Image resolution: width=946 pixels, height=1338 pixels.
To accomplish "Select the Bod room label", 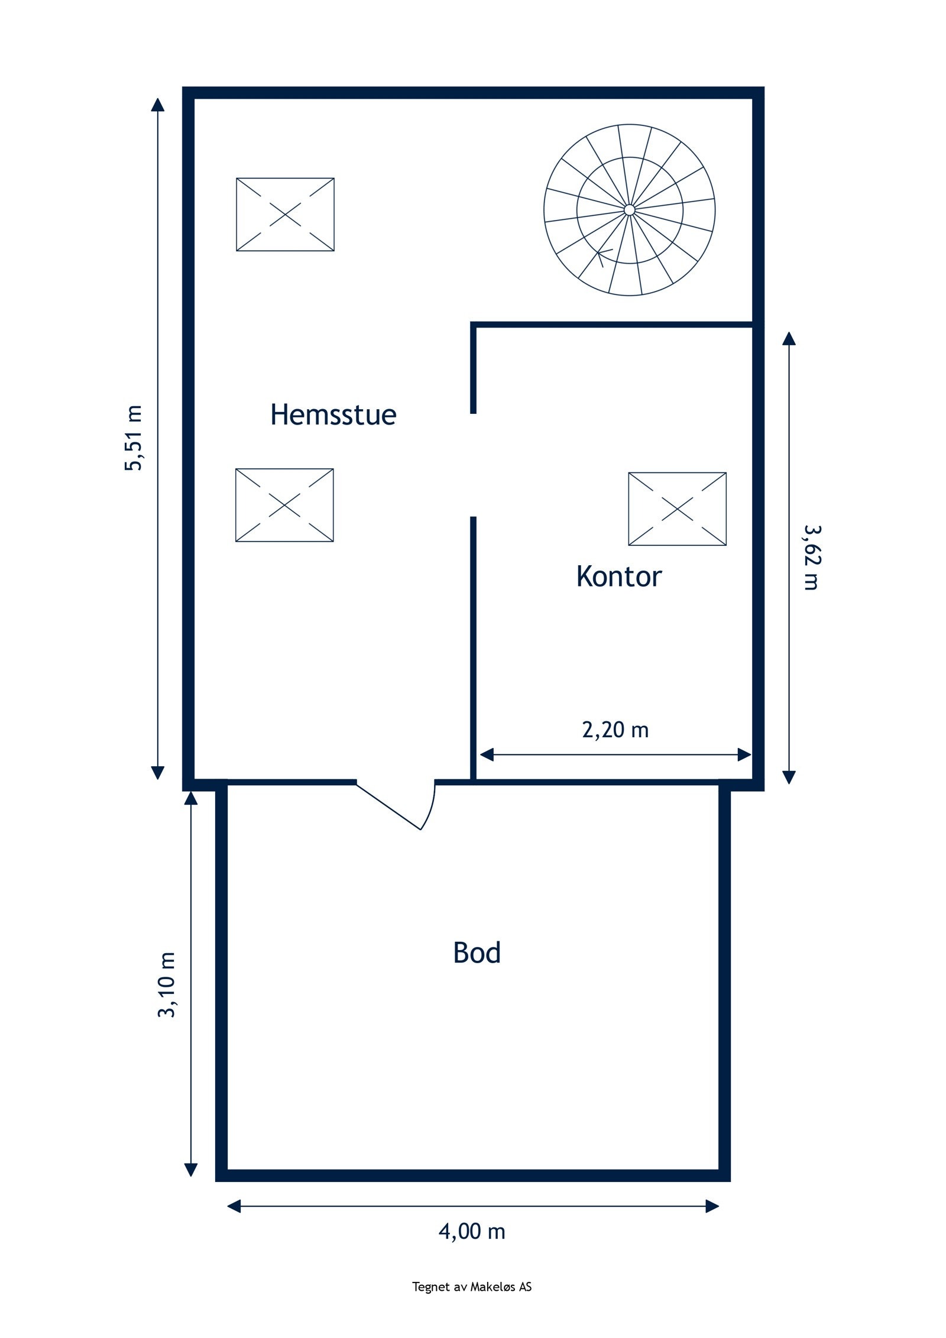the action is pyautogui.click(x=477, y=953).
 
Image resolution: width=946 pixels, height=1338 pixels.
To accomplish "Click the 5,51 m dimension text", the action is pyautogui.click(x=133, y=438).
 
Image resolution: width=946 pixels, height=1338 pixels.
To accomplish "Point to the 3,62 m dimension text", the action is pyautogui.click(x=811, y=558).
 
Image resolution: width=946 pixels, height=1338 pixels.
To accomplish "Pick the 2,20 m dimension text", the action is pyautogui.click(x=615, y=730).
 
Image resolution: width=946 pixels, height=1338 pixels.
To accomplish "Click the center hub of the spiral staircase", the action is pyautogui.click(x=629, y=210).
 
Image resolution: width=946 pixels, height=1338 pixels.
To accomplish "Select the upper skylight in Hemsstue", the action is pyautogui.click(x=285, y=215).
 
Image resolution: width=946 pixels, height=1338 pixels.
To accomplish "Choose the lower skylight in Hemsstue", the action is pyautogui.click(x=284, y=505).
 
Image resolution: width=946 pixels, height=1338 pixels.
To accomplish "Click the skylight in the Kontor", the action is pyautogui.click(x=677, y=508).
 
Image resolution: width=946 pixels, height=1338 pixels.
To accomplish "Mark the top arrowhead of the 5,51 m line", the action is pyautogui.click(x=157, y=105).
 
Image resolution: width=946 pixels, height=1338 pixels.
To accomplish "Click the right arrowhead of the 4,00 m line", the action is pyautogui.click(x=712, y=1206).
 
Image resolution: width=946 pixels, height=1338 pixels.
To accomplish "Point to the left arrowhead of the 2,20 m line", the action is pyautogui.click(x=487, y=754).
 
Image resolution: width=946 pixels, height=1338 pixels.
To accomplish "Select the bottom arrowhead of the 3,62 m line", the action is pyautogui.click(x=789, y=777).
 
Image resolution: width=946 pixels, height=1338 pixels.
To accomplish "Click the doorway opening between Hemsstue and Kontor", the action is pyautogui.click(x=473, y=465).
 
